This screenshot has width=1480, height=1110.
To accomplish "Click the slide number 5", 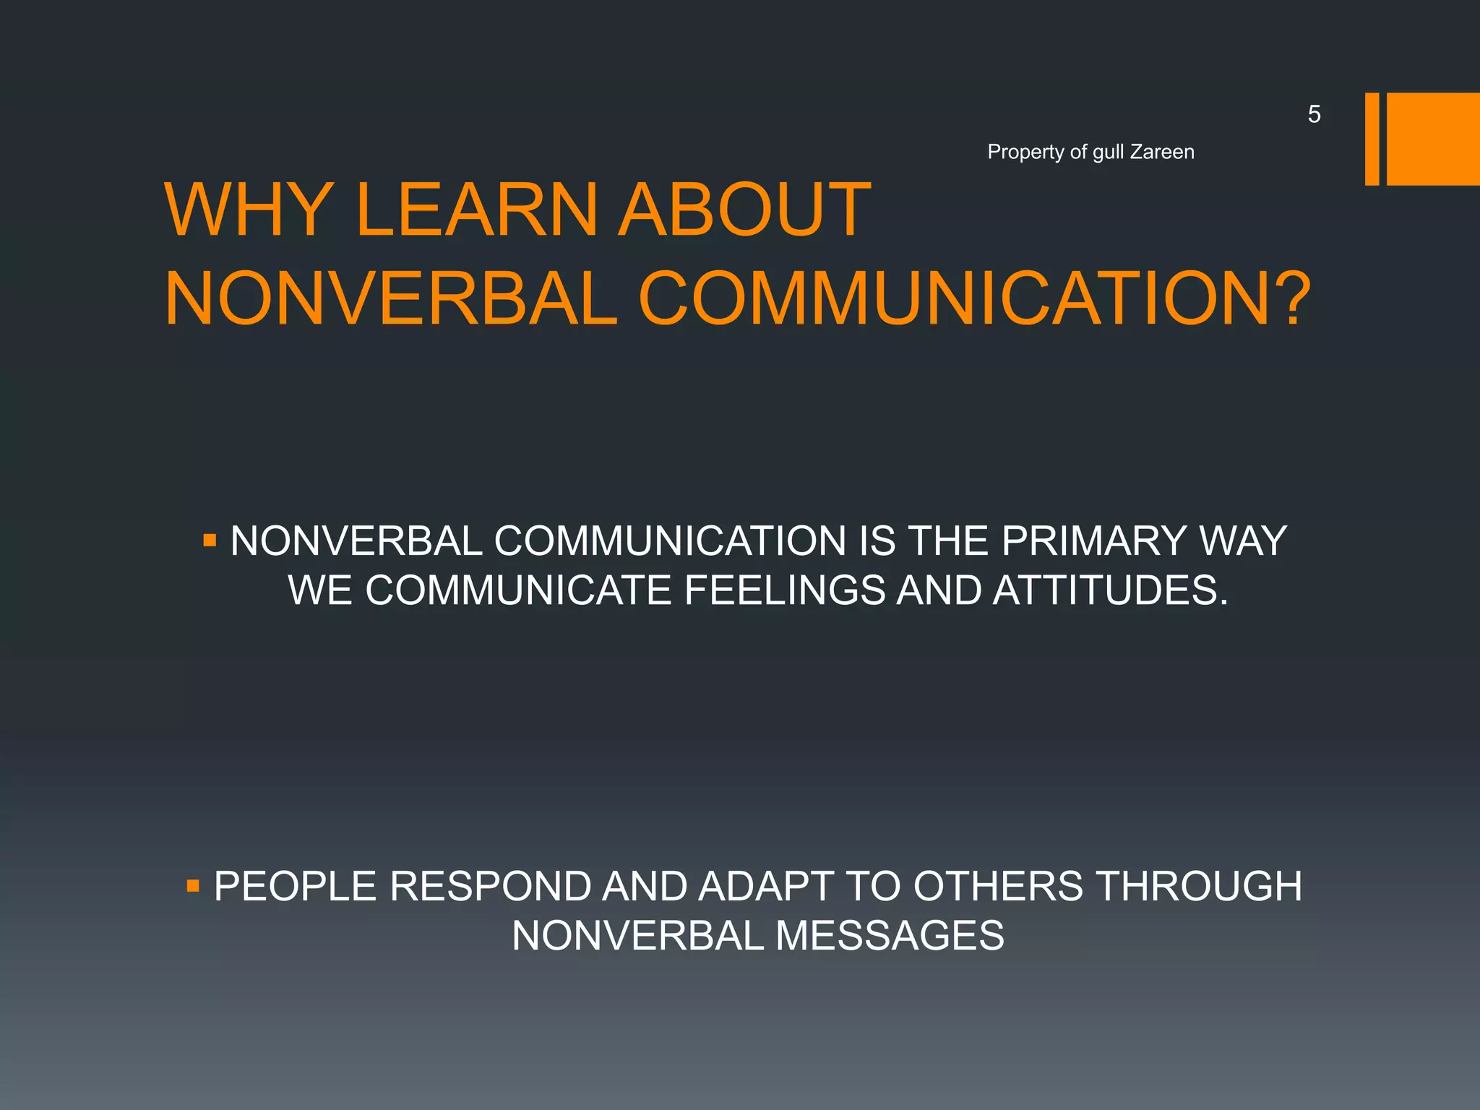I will tap(1314, 114).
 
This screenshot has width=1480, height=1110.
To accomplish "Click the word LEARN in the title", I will tap(477, 210).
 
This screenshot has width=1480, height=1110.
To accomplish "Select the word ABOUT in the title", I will tap(745, 210).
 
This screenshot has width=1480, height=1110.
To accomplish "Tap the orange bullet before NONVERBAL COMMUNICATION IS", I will tap(210, 540).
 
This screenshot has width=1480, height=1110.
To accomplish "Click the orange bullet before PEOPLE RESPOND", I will tap(193, 885).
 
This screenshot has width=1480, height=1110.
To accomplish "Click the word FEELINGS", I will tap(784, 590).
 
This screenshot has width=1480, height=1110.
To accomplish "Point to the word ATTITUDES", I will tap(1110, 590).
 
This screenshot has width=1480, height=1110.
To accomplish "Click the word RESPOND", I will tap(491, 886).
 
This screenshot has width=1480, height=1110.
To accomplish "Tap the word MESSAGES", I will tap(890, 936).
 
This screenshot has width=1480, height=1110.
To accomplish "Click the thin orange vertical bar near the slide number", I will tap(1372, 139).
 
